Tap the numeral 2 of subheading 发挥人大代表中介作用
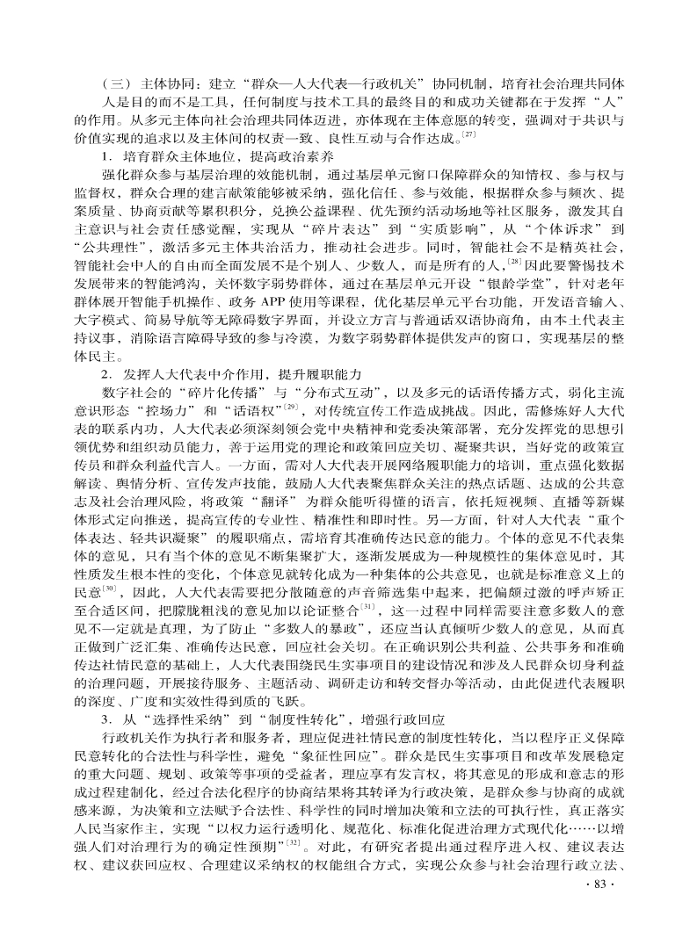tap(105, 372)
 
